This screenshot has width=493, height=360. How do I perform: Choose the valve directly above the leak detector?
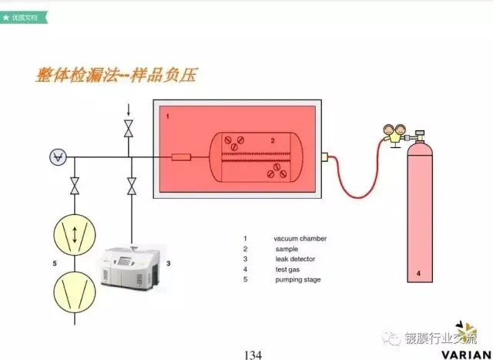(132, 186)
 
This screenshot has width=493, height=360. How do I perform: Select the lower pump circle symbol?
(74, 291)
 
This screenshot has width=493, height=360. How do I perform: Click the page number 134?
(253, 354)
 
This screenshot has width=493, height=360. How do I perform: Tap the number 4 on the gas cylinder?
(419, 272)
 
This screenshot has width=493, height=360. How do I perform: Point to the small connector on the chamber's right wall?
(325, 157)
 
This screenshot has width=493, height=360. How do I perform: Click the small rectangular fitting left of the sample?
(182, 157)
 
